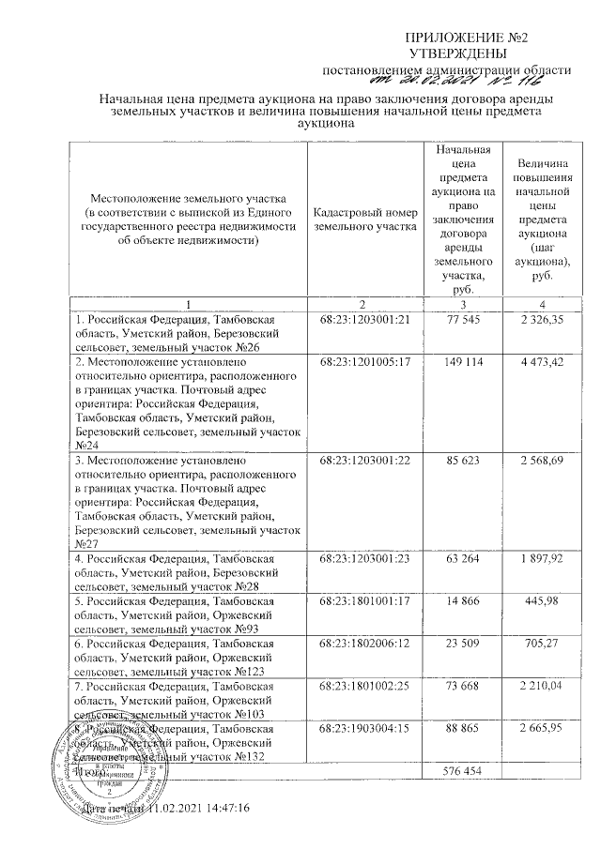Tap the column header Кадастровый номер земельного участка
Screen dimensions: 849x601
363,220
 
